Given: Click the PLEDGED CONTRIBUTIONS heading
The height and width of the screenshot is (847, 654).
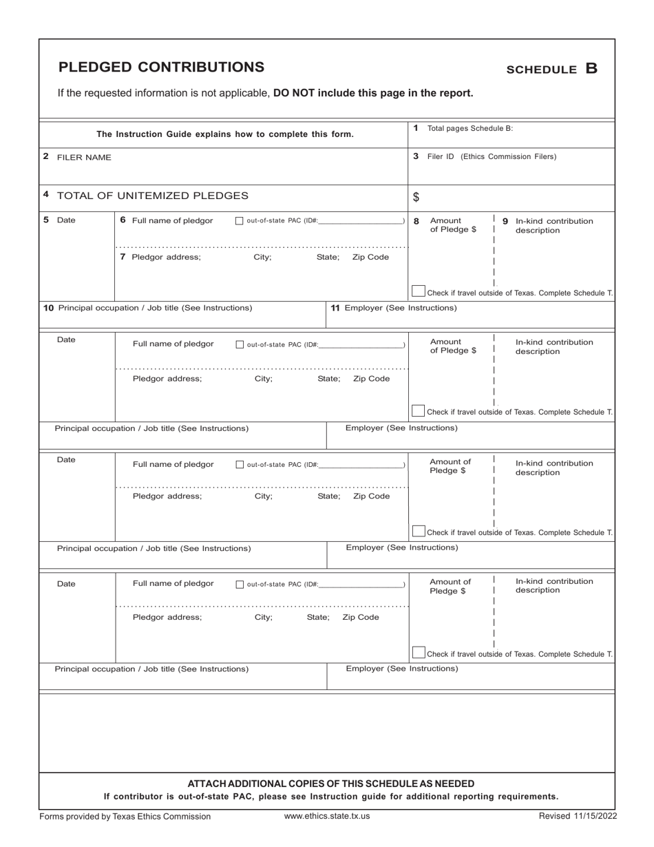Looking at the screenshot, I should tap(161, 67).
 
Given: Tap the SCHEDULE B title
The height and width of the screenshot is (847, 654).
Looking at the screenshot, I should tap(551, 69).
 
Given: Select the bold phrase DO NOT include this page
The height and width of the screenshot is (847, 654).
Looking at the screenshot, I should tap(373, 93).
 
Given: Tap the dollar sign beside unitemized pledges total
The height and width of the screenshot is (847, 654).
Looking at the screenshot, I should tap(416, 198).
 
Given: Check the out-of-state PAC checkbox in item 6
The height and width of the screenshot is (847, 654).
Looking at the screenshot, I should tap(239, 221).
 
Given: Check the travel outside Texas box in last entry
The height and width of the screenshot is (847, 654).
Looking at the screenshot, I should tap(418, 652).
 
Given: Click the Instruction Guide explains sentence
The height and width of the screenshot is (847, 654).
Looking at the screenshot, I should tap(224, 134).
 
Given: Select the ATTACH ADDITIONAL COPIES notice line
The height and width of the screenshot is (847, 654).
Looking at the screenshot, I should tap(330, 784).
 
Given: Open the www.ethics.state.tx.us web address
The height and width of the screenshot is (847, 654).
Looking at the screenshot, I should tap(327, 816).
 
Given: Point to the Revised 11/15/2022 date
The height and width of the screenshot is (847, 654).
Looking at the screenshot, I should tap(578, 816).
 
